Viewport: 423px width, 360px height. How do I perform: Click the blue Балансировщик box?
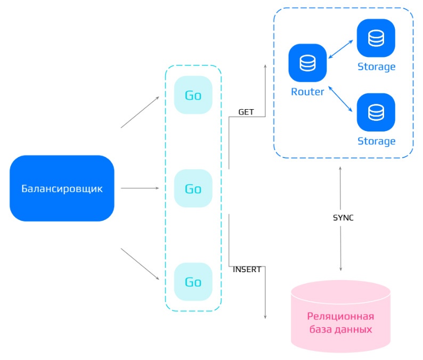pos(62,188)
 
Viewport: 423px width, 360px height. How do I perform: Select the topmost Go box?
pos(193,95)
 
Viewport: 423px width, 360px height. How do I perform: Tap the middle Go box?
pos(193,189)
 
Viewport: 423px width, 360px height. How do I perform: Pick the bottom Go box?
pos(193,282)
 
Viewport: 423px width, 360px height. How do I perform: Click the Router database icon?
pos(307,63)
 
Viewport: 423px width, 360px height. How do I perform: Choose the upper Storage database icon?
pos(376,38)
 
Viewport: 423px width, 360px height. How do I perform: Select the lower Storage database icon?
pos(376,112)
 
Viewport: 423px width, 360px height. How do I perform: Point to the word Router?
pos(307,92)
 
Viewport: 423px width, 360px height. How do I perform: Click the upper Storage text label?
pos(376,67)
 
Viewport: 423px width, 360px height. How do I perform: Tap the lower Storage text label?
pos(376,141)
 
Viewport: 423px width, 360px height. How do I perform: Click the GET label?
pos(246,112)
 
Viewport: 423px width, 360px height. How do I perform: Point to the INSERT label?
pos(247,269)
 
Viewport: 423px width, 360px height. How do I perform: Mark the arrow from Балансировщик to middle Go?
pos(140,188)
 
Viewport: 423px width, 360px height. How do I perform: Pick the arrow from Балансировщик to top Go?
pos(140,112)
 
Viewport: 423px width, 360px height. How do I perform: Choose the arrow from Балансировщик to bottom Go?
pos(140,264)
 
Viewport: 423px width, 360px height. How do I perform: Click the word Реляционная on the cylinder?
pos(341,316)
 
